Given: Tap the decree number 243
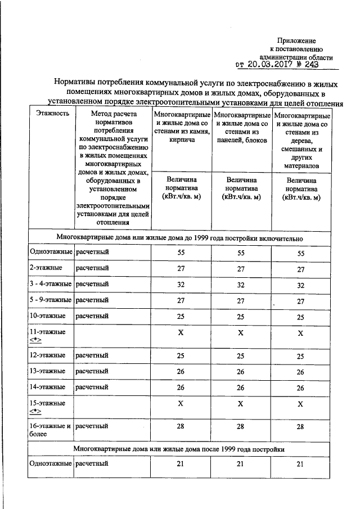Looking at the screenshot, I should [319, 65].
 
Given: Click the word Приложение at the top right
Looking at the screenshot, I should [296, 40].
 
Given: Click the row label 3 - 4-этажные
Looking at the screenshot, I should [51, 285].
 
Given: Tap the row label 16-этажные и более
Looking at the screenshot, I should [50, 430].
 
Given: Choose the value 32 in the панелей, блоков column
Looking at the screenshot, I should [241, 285].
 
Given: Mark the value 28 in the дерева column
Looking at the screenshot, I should [300, 427].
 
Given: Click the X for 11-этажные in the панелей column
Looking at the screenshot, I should [241, 334].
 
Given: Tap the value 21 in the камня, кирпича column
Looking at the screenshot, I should [181, 464].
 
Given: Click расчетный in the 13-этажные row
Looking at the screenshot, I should [92, 371].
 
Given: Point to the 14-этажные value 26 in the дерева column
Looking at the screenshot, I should [300, 388].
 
